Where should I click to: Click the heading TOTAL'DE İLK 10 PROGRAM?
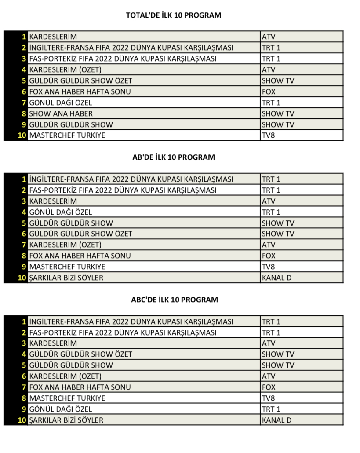click(x=174, y=15)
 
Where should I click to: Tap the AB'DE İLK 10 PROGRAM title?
click(x=174, y=157)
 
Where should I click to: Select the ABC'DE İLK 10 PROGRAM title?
click(x=175, y=300)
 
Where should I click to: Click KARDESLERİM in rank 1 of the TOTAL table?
click(x=53, y=37)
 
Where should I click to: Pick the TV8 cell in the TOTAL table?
click(x=268, y=135)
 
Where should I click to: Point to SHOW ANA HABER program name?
click(x=61, y=113)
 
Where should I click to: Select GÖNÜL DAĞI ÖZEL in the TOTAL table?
click(x=61, y=102)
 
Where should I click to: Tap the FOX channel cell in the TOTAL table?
click(x=269, y=91)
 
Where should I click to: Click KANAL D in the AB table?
click(x=276, y=278)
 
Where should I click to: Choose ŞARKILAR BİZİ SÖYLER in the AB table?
click(x=66, y=278)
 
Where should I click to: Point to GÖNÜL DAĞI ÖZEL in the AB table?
click(x=61, y=212)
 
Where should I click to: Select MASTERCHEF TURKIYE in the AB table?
click(x=67, y=267)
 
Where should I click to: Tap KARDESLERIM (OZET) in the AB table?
click(x=65, y=245)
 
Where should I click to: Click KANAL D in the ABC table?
click(x=276, y=420)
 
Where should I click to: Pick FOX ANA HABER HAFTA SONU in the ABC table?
click(x=80, y=387)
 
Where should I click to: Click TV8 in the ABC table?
click(x=268, y=398)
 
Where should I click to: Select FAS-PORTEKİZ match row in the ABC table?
click(x=123, y=332)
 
